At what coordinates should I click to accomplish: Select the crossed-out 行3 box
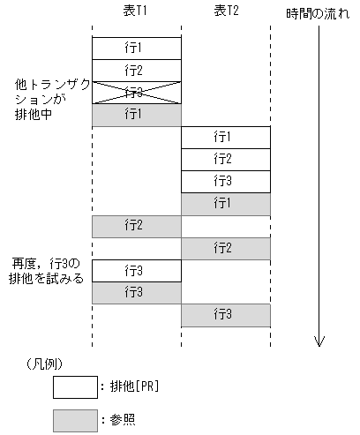pos(137,93)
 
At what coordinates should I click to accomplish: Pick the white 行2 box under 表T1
pos(137,71)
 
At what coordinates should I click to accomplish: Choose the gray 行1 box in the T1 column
pos(137,115)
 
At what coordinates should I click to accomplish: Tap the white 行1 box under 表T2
pos(225,138)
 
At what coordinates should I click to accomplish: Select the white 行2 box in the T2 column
pos(225,160)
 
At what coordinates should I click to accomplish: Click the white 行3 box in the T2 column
pos(225,182)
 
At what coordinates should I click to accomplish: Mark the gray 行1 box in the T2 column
pos(225,204)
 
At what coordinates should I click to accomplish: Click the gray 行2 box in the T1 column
pos(137,226)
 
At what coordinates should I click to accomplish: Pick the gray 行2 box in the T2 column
pos(225,248)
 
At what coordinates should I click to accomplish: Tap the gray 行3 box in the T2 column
pos(225,314)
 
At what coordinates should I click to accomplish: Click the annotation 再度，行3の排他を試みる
pos(47,271)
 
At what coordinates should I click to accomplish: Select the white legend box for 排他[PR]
pos(74,387)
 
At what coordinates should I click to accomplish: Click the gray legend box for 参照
pos(74,419)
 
